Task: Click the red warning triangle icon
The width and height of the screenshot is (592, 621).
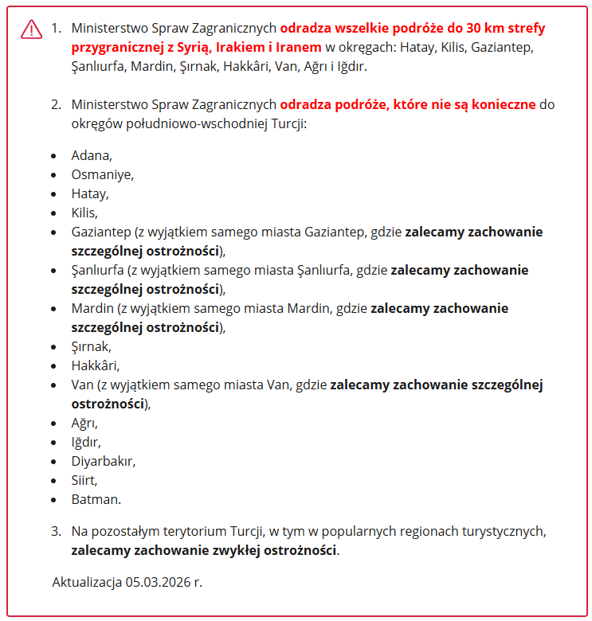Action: pos(31,29)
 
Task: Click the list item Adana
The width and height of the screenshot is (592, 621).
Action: pos(91,155)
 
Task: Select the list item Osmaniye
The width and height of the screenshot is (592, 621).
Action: pos(101,174)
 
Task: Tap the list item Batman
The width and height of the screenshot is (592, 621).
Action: pos(96,500)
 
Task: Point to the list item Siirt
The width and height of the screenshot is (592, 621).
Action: pos(84,480)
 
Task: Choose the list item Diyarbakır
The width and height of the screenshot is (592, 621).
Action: pos(103,461)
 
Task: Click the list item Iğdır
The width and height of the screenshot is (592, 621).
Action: pos(85,442)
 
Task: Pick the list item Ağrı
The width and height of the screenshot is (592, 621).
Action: pos(84,423)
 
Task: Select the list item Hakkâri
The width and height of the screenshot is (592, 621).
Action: pos(95,365)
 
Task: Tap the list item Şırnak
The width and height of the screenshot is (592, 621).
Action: pos(91,346)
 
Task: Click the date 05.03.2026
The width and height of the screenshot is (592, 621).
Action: pos(159,581)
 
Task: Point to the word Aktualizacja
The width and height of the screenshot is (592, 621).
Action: pos(86,581)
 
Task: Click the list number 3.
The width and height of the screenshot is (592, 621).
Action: pos(56,530)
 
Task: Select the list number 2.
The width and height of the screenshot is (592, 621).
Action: pos(56,104)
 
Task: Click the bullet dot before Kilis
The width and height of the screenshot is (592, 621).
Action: pos(53,213)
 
